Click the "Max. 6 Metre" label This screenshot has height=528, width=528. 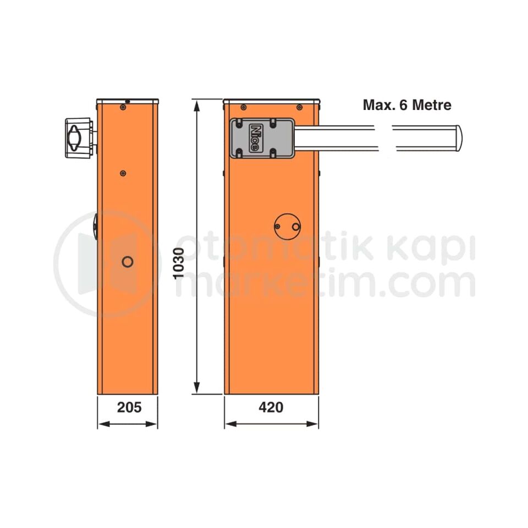point(407,105)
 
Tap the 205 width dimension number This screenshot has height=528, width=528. point(129,408)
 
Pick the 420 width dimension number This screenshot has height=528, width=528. point(271,408)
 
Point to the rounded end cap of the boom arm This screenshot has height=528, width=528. point(457,139)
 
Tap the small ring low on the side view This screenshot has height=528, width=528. point(127,262)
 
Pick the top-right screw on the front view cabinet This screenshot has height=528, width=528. point(299,107)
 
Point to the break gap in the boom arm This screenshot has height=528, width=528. point(385,139)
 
